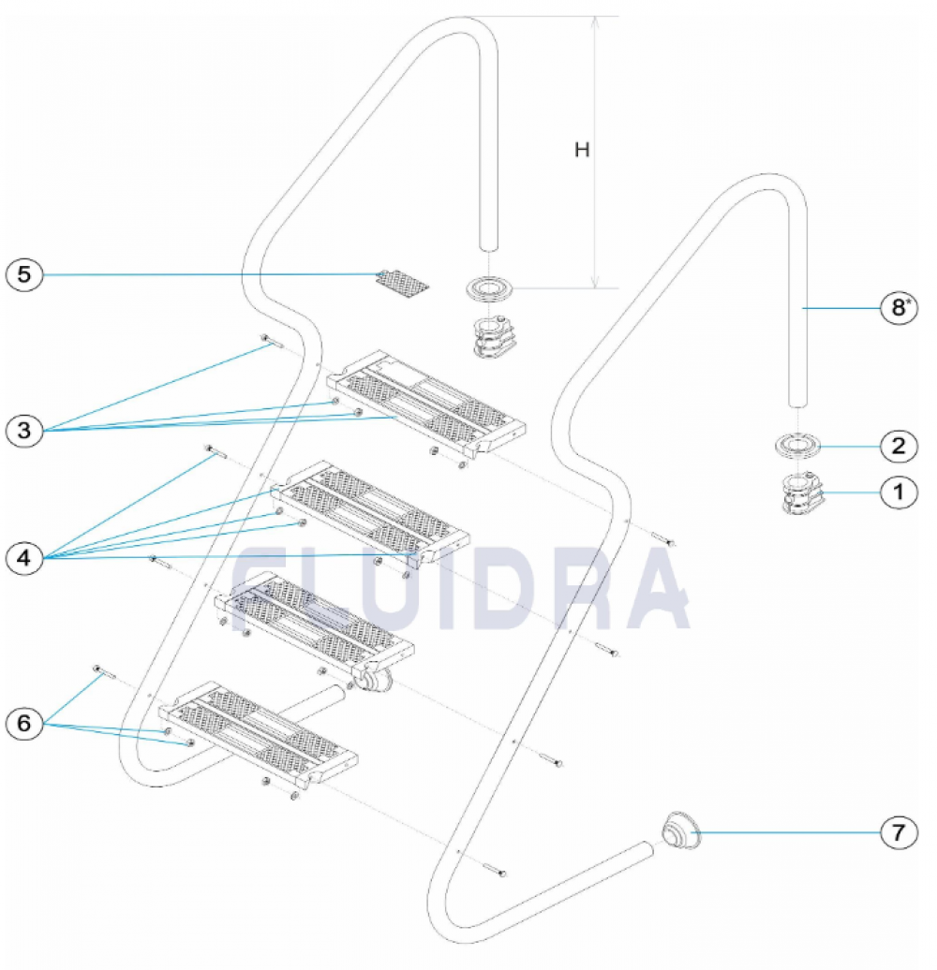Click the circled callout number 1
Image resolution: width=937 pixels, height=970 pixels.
899,492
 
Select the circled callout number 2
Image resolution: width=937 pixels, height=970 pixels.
899,446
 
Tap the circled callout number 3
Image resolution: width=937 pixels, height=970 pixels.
24,431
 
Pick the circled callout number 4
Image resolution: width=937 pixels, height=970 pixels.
24,559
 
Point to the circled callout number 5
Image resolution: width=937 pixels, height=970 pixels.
24,274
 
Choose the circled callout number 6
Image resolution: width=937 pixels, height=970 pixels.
24,723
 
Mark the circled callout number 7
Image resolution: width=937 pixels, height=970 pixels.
899,832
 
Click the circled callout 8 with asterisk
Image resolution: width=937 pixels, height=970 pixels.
899,307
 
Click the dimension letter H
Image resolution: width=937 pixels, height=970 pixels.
582,150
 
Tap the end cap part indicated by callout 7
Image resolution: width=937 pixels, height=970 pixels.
681,830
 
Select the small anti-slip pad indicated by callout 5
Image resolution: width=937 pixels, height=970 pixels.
402,282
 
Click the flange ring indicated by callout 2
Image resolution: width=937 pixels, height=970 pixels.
797,446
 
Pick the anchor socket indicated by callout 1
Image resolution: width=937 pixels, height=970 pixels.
802,493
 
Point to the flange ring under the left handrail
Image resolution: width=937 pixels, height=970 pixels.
489,288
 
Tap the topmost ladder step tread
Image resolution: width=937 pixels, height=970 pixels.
426,404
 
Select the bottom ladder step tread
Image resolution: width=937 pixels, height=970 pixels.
258,735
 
